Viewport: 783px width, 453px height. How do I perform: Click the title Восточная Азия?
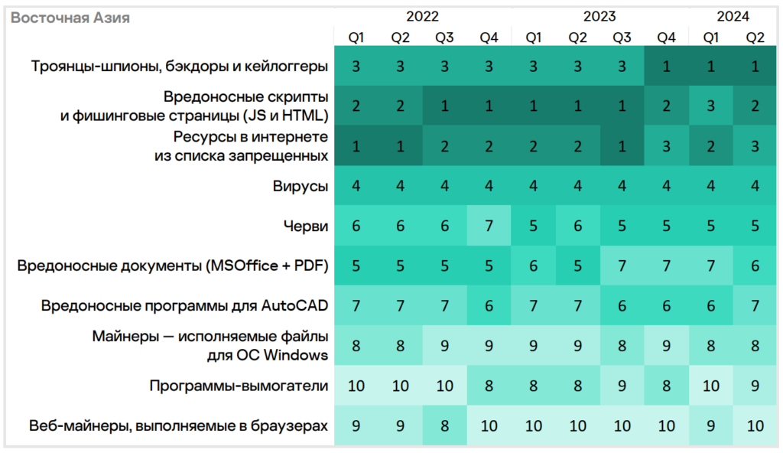(x=70, y=18)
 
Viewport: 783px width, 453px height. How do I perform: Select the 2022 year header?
(x=422, y=16)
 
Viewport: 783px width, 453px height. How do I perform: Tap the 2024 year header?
(x=733, y=16)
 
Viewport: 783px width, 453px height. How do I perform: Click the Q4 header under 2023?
(x=666, y=37)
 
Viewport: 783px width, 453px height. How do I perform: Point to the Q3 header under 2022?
(x=444, y=37)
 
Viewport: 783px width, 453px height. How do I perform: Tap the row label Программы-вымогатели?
(x=239, y=386)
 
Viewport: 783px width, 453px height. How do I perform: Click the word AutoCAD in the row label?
(x=295, y=306)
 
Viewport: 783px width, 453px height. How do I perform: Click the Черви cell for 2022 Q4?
(x=489, y=226)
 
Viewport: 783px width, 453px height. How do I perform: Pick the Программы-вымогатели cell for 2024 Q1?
(x=710, y=386)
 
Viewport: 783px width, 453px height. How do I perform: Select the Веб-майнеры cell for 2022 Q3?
(x=444, y=425)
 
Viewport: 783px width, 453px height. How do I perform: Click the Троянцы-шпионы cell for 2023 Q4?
(x=666, y=67)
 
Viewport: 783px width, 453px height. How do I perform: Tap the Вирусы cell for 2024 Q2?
(x=755, y=186)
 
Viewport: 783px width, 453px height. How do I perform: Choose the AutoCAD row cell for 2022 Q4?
(x=489, y=306)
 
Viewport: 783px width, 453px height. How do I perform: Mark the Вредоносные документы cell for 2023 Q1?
(x=533, y=266)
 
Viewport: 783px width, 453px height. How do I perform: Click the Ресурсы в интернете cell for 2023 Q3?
(x=622, y=146)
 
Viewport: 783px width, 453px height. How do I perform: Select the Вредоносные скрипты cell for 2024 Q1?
(x=710, y=106)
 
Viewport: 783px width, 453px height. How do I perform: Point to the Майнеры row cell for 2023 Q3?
(x=622, y=346)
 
